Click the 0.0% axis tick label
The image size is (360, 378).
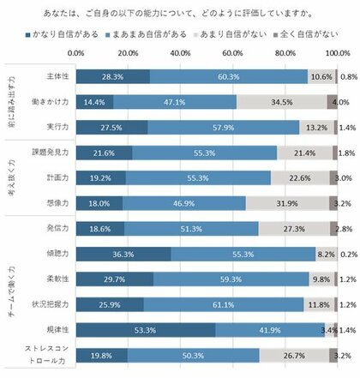tap(75, 53)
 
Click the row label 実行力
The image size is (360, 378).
tap(56, 127)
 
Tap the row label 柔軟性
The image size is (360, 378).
tap(56, 255)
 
